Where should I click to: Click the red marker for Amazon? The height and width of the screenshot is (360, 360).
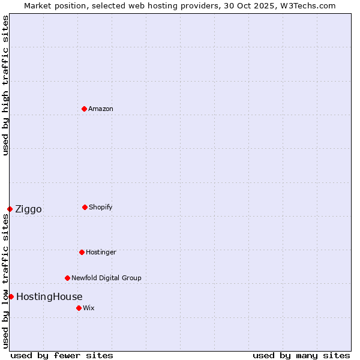(x=84, y=109)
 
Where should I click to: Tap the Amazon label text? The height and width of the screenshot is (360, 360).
(x=101, y=109)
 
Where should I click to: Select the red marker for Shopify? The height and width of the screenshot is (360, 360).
(x=85, y=207)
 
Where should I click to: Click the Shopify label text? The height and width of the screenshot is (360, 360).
(x=101, y=207)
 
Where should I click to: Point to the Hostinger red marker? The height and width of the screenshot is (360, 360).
(x=82, y=252)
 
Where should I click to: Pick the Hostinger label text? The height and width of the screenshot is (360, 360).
(x=101, y=252)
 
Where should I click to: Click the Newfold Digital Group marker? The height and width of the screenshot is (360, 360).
(x=67, y=278)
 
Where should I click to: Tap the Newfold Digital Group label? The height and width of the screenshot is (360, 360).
(x=106, y=278)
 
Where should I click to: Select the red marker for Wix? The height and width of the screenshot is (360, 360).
(x=79, y=308)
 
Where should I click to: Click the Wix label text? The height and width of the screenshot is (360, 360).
(x=89, y=308)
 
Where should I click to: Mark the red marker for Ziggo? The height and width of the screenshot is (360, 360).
(x=10, y=209)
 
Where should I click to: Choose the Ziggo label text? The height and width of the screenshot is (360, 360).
(x=28, y=209)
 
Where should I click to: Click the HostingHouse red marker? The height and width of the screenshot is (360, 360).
(x=11, y=296)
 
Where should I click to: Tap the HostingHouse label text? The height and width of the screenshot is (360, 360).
(x=49, y=296)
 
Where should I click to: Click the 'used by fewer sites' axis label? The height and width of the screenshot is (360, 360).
(x=62, y=355)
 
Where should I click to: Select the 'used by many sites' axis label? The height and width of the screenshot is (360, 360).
(x=301, y=355)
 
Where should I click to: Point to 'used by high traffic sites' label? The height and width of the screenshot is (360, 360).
(x=5, y=85)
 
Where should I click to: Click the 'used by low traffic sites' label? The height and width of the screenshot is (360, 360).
(x=5, y=281)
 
